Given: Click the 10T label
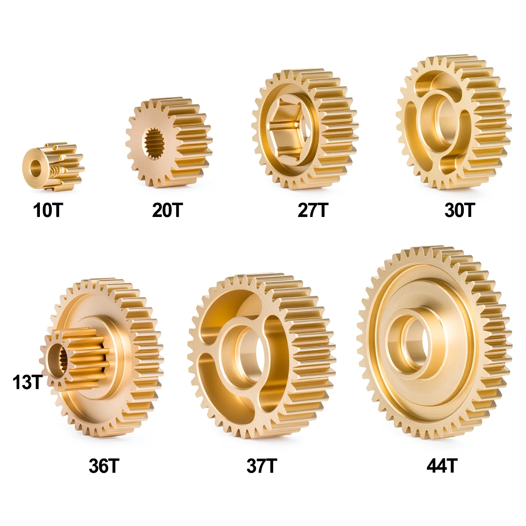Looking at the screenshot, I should click(48, 211).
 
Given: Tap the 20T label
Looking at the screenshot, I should click(167, 211).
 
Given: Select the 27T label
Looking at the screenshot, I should click(313, 211).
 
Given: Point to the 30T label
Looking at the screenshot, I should click(459, 211).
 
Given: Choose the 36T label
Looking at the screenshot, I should click(103, 466).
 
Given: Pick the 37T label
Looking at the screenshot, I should click(261, 466).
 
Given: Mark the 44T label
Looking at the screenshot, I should click(442, 466).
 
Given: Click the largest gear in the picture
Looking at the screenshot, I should click(434, 342).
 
